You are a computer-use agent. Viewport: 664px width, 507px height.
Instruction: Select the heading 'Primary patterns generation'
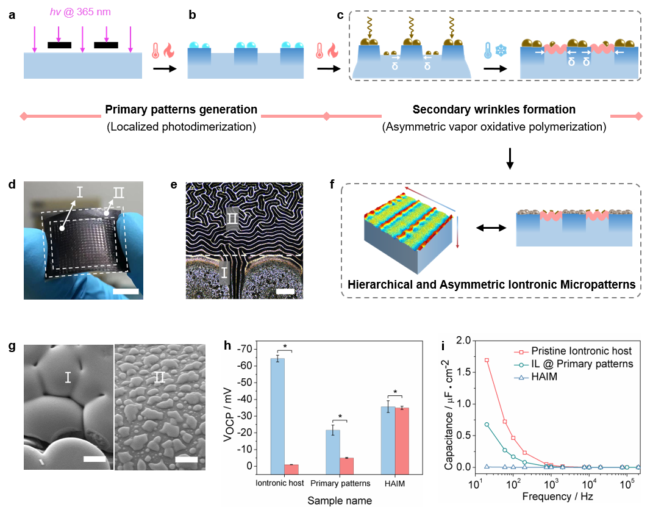click(181, 110)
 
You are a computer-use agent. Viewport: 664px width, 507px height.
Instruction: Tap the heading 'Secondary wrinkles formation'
click(494, 110)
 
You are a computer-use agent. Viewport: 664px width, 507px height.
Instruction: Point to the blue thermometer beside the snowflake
click(487, 51)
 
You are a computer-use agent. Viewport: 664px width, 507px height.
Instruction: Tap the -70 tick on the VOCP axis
click(243, 349)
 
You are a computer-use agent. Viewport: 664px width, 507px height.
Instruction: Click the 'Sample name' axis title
click(338, 500)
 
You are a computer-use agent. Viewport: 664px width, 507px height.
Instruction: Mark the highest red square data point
click(487, 360)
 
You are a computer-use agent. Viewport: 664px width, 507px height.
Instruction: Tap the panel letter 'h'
click(227, 345)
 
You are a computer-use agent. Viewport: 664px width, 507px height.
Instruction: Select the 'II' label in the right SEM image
click(159, 377)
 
